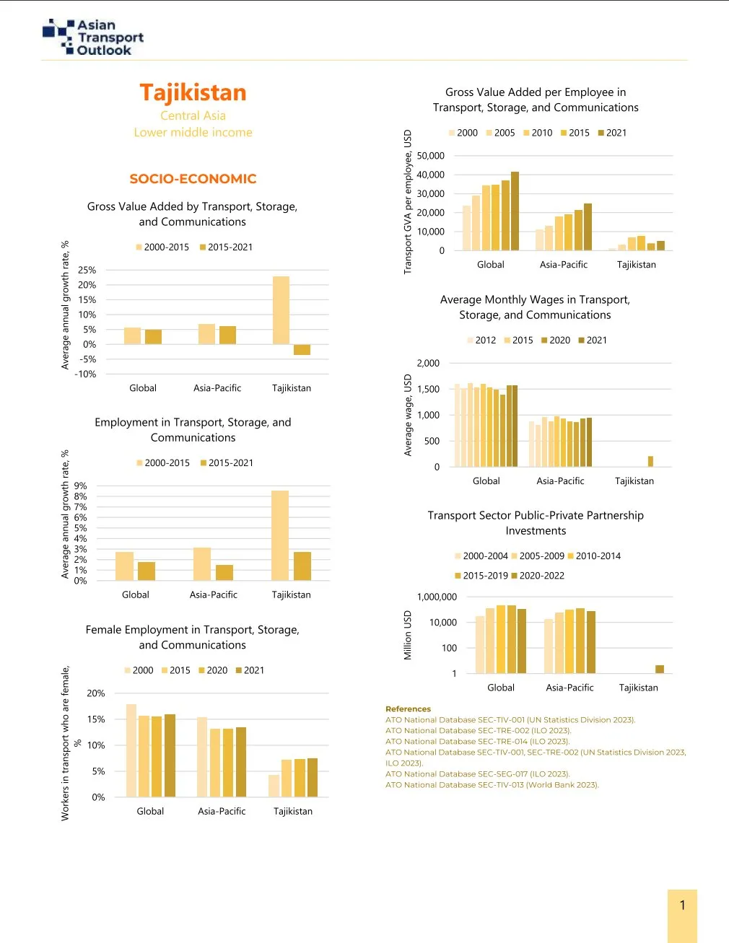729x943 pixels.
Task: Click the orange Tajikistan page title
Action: click(193, 92)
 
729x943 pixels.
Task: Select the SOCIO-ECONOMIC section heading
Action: click(193, 179)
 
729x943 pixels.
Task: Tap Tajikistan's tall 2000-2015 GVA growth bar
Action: click(281, 310)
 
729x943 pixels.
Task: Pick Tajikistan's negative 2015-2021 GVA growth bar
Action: click(302, 350)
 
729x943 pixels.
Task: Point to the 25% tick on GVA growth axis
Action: click(87, 270)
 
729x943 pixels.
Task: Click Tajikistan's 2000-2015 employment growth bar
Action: click(280, 535)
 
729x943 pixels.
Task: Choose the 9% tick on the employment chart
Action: click(80, 486)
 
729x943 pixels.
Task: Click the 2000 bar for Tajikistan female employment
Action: click(274, 786)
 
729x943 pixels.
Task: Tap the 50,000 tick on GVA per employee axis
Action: click(430, 156)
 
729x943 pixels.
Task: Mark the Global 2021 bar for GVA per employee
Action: click(515, 211)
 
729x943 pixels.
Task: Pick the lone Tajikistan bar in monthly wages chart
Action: click(650, 462)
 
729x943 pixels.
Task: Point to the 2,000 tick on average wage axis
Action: click(428, 364)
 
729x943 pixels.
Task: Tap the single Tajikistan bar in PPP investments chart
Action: click(659, 669)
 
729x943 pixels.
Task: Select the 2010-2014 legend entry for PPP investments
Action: click(593, 556)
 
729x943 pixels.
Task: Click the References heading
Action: click(408, 709)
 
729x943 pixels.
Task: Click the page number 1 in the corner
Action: click(682, 905)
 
